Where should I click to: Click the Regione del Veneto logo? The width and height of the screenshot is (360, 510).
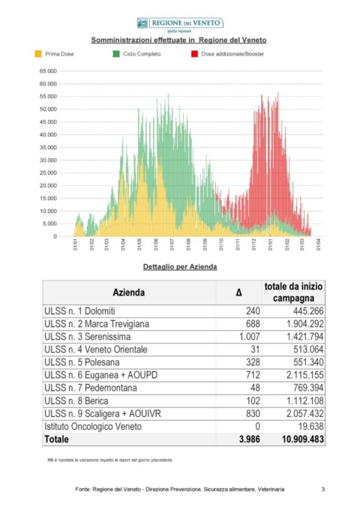click(180, 23)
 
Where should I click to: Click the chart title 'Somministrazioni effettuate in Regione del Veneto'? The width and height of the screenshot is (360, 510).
click(178, 40)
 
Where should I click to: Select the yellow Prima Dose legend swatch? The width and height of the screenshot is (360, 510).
click(38, 54)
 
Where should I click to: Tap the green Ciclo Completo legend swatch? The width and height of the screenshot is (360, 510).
click(116, 54)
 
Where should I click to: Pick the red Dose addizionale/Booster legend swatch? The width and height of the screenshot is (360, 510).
click(194, 54)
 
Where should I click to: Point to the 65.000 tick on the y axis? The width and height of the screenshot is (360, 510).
click(48, 71)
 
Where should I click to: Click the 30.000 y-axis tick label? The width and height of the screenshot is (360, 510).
click(48, 160)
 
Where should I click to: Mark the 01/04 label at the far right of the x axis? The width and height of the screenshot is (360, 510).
click(318, 244)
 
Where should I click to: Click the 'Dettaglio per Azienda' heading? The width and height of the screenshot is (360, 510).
click(180, 267)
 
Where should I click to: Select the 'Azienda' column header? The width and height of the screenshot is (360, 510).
click(129, 292)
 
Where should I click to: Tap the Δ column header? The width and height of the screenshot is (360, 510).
click(238, 292)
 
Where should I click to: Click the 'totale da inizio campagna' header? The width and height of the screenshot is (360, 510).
click(293, 292)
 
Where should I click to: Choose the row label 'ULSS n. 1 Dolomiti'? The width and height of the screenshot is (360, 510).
click(79, 311)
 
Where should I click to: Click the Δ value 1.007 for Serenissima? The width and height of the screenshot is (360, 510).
click(250, 336)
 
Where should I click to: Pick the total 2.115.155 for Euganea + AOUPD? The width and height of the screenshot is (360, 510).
click(304, 375)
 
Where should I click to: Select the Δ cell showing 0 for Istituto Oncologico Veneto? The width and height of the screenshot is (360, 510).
click(257, 426)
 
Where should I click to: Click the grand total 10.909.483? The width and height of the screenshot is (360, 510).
click(303, 439)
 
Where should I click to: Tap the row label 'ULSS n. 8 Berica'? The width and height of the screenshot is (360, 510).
click(76, 400)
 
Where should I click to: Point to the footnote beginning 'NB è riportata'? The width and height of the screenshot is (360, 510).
click(110, 460)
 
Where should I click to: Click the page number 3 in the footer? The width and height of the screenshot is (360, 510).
click(323, 489)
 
